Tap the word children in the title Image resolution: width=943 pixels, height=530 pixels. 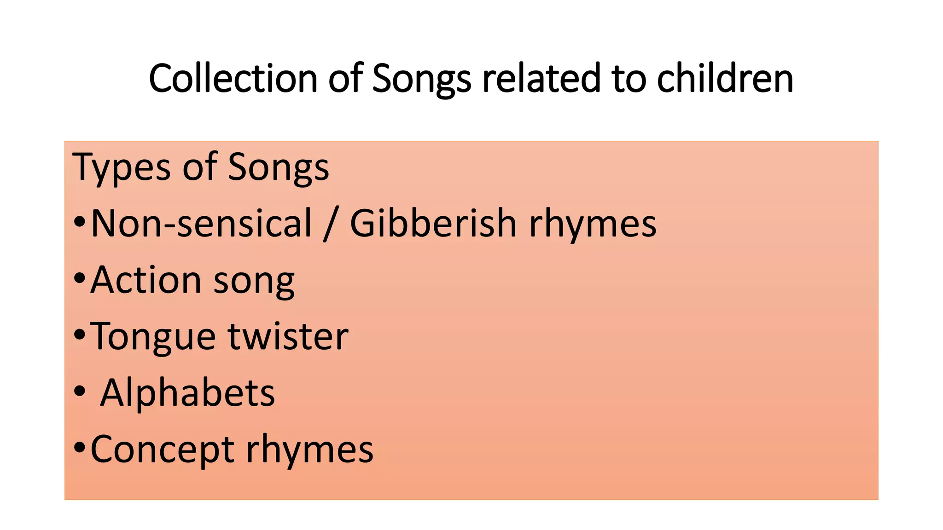[x=725, y=79]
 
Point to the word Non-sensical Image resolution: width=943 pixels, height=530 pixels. [x=202, y=224]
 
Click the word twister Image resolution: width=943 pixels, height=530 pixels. [x=288, y=336]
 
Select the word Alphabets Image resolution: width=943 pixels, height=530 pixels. [x=187, y=393]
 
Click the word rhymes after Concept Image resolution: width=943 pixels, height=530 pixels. [x=309, y=449]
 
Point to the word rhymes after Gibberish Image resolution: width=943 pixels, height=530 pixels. [x=593, y=225]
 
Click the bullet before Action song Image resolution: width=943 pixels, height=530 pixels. [x=80, y=278]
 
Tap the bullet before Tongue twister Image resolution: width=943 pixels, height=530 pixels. [x=80, y=335]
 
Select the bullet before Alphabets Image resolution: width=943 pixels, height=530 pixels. [x=80, y=392]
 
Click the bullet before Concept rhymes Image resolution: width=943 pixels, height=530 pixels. [x=80, y=447]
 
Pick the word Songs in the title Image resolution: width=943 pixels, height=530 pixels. [x=421, y=80]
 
